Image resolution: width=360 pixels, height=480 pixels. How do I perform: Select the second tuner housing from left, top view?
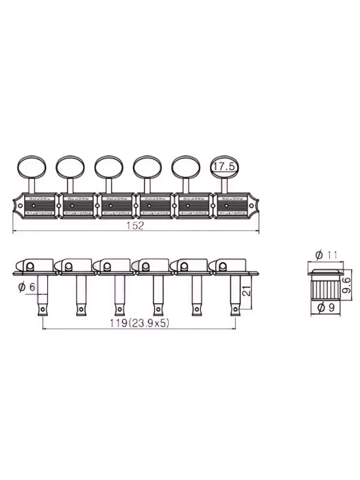click(x=80, y=205)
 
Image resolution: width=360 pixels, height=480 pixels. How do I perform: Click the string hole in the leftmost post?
click(x=43, y=309)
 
